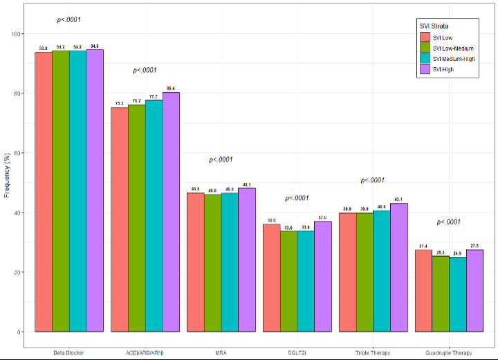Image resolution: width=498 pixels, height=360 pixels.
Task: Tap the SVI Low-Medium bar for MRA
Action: pos(213,263)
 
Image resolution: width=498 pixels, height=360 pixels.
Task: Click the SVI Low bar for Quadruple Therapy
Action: pos(424,291)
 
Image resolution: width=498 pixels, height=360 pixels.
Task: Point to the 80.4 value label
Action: pos(171,88)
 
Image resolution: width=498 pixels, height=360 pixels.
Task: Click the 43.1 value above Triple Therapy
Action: pos(399,199)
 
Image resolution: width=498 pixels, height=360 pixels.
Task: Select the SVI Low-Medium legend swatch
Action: pos(425,48)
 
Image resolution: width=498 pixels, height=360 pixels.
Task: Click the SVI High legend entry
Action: pos(443,69)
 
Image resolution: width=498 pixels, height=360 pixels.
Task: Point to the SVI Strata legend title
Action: pos(434,26)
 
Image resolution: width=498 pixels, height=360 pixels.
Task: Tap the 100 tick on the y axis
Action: pos(16,34)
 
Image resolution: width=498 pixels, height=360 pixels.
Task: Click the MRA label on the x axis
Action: pos(221,353)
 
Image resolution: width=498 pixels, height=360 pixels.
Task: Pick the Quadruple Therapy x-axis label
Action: pos(450,353)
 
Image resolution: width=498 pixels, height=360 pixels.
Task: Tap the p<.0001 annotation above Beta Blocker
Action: pos(69,20)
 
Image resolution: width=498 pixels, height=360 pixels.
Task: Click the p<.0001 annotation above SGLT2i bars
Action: pos(297,199)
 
